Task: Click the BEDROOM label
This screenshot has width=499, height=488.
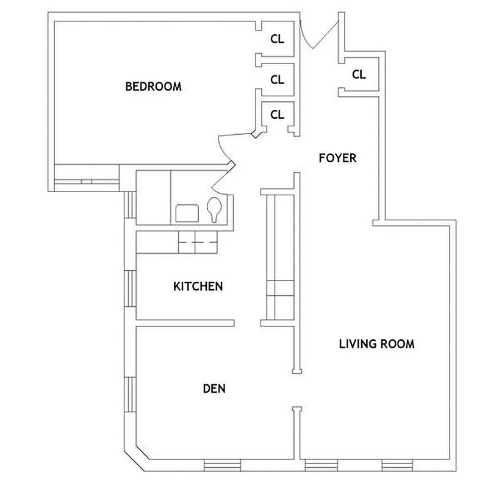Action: click(x=153, y=87)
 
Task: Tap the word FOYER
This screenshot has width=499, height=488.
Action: click(x=337, y=158)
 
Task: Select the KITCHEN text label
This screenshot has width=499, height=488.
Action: click(x=198, y=286)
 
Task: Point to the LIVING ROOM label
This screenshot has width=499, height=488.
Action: click(x=376, y=344)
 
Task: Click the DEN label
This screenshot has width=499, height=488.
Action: click(x=214, y=388)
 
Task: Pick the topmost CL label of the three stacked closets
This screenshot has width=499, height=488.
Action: click(x=277, y=39)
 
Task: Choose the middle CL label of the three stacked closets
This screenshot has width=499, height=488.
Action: click(x=277, y=79)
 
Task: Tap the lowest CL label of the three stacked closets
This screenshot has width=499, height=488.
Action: click(x=277, y=114)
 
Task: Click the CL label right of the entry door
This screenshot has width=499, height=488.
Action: click(x=359, y=74)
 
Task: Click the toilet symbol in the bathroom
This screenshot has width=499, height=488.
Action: click(x=214, y=210)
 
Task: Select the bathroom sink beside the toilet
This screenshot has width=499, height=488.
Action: click(x=187, y=213)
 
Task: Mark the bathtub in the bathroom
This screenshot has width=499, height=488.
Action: click(x=153, y=198)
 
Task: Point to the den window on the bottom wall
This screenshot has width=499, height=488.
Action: click(x=222, y=465)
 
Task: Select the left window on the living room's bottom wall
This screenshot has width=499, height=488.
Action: click(x=317, y=465)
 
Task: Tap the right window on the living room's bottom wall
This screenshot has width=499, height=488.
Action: click(x=393, y=465)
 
